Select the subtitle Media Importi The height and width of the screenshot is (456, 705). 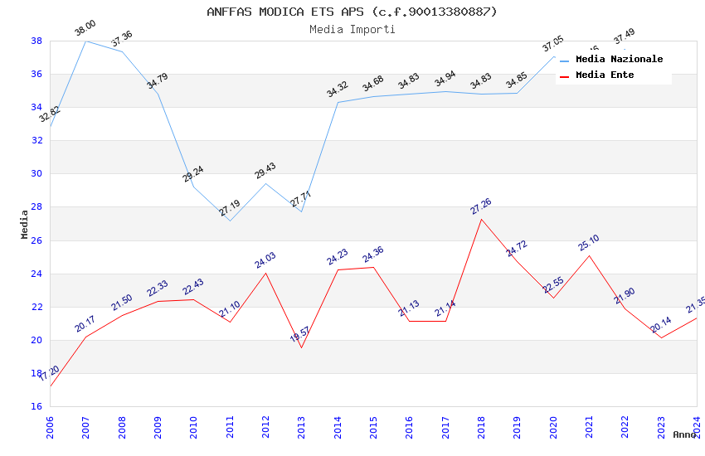click(352, 29)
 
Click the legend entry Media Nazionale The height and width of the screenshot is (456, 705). click(619, 60)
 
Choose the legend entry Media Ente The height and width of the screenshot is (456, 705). click(605, 75)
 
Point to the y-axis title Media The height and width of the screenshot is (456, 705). click(25, 224)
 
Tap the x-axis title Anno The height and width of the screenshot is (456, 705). click(684, 434)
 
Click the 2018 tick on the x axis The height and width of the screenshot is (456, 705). click(481, 424)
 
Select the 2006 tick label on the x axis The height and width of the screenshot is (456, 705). click(50, 424)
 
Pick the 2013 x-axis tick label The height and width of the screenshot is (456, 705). click(301, 424)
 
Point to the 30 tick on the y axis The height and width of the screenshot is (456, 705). click(36, 174)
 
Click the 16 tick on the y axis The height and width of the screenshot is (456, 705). click(36, 407)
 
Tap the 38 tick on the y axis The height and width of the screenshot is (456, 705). click(36, 41)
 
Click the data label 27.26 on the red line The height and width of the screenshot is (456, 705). click(481, 206)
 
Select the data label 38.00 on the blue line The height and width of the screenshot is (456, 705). click(85, 28)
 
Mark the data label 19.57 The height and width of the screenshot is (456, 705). click(300, 335)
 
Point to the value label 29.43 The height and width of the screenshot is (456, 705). click(265, 171)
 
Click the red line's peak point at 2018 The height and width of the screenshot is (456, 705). click(481, 219)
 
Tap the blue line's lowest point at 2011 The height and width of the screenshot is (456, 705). click(230, 221)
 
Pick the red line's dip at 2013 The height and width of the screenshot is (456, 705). click(301, 347)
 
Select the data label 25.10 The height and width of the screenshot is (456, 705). click(589, 243)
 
